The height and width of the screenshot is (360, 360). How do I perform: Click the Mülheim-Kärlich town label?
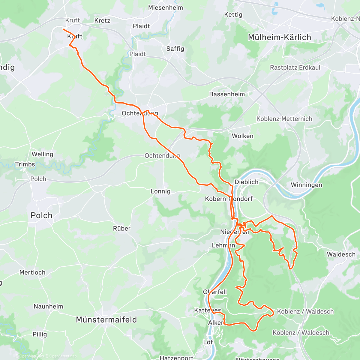tap(279, 37)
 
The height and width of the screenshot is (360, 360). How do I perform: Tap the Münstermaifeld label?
tap(106, 320)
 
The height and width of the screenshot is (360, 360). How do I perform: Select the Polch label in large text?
tap(41, 215)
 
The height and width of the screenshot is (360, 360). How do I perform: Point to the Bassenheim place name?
tap(227, 94)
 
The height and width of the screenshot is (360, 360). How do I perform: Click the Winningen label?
tap(306, 185)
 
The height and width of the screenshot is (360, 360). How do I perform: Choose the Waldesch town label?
tap(341, 254)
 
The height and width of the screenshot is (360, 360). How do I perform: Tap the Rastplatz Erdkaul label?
tap(295, 67)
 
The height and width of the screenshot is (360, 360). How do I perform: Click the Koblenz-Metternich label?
tap(284, 119)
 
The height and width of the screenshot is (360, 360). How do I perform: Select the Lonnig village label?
tap(160, 191)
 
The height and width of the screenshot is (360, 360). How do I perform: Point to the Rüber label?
tap(121, 229)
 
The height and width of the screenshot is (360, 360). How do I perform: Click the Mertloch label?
tap(32, 272)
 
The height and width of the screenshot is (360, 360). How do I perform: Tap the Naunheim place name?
tap(48, 307)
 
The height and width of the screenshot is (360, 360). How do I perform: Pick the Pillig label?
tap(40, 334)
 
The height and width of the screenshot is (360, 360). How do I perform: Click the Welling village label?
tap(42, 154)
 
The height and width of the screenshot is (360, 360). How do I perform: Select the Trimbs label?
tap(25, 164)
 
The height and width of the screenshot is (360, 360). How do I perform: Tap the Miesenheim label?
tap(165, 8)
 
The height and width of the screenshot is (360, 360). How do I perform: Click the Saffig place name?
tap(175, 49)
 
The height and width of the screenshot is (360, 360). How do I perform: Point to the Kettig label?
tap(233, 15)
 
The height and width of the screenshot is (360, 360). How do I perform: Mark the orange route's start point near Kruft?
tap(63, 29)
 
